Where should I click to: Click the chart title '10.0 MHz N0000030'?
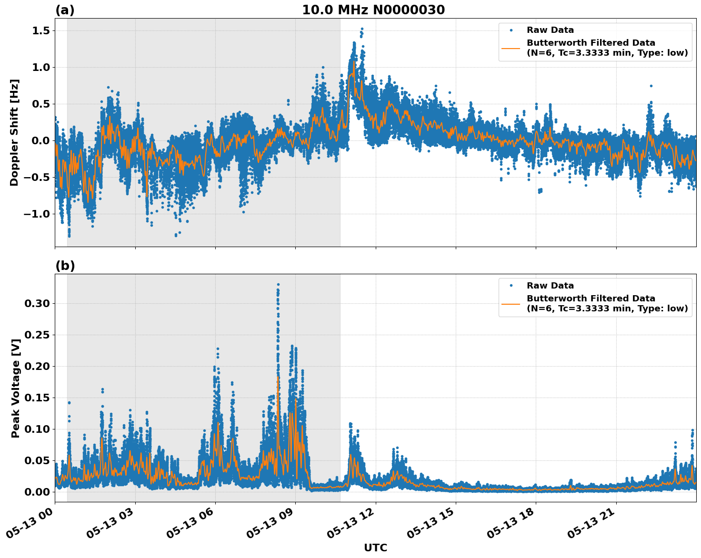point(373,10)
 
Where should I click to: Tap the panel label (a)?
point(65,10)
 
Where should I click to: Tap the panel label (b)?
point(65,266)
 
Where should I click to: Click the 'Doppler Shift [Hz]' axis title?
point(14,132)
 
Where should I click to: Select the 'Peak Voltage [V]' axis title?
point(16,388)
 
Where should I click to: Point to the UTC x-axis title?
point(375,548)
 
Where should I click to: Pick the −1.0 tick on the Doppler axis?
point(36,214)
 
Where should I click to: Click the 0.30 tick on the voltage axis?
point(37,303)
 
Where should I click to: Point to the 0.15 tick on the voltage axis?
point(37,398)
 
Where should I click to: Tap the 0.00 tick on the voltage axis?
point(37,492)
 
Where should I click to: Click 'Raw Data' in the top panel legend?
point(550,30)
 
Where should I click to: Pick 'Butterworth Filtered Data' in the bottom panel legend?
point(591,299)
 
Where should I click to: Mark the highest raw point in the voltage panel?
point(278,285)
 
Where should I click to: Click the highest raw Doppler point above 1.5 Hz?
point(362,29)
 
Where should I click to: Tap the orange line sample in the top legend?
point(511,48)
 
